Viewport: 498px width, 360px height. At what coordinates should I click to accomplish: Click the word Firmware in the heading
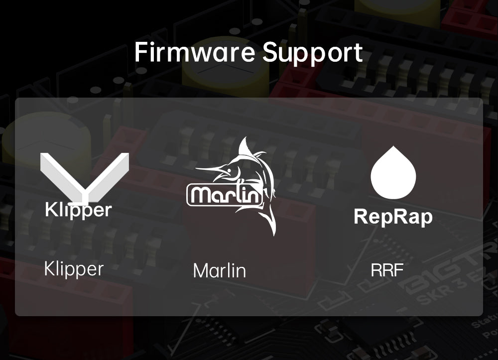click(195, 52)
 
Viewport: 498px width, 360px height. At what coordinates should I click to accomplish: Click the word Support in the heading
click(313, 53)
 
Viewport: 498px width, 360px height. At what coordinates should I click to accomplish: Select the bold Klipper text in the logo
click(79, 210)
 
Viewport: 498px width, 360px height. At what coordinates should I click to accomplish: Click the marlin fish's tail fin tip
click(273, 234)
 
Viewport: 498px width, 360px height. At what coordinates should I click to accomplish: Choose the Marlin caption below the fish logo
click(220, 271)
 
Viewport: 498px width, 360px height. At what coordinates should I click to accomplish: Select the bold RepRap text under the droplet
click(393, 217)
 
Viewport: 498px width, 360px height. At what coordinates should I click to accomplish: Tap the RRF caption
click(387, 270)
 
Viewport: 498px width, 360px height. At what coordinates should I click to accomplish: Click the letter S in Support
click(270, 52)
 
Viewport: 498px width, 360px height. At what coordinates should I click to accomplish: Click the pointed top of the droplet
click(393, 146)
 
